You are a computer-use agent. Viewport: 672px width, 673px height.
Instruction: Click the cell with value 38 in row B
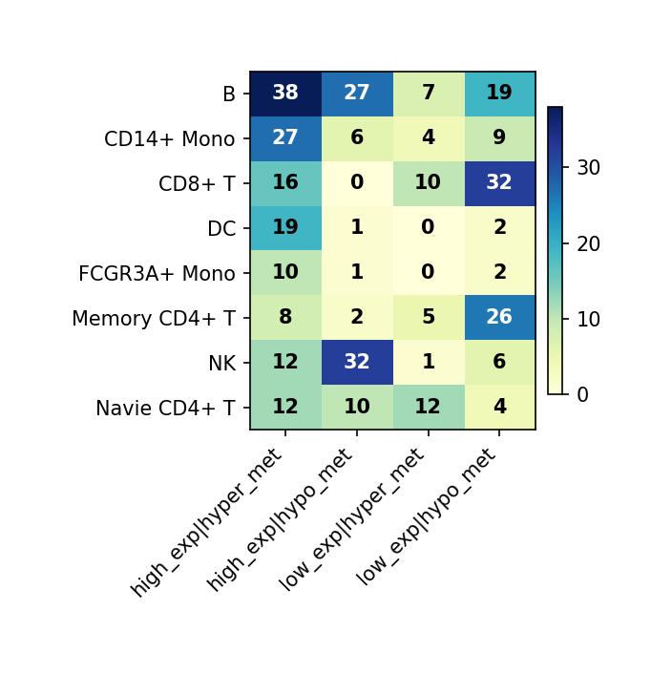click(x=285, y=94)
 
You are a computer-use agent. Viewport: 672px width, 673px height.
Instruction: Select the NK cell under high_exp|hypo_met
click(x=357, y=363)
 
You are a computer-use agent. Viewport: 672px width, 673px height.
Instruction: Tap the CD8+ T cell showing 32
click(x=499, y=183)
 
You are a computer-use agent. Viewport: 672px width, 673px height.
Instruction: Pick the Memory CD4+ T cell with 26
click(x=499, y=318)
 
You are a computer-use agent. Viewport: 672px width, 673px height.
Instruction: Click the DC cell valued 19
click(x=285, y=228)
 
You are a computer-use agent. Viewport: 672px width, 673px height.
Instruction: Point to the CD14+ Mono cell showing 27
click(x=285, y=138)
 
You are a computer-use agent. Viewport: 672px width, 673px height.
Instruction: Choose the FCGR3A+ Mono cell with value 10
click(x=285, y=273)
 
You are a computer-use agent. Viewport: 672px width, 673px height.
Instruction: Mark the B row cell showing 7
click(x=428, y=94)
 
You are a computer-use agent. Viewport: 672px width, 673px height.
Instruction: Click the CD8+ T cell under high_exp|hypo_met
click(x=357, y=183)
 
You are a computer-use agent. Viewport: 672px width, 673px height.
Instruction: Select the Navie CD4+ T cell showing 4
click(x=499, y=408)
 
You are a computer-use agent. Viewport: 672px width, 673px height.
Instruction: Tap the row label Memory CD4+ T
click(x=153, y=319)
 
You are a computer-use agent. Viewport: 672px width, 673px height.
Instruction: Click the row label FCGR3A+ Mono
click(x=157, y=274)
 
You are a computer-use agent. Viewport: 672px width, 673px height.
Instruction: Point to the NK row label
click(x=221, y=364)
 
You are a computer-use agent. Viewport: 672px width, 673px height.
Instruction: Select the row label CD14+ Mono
click(x=169, y=139)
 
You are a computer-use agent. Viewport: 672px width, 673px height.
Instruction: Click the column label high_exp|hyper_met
click(x=209, y=521)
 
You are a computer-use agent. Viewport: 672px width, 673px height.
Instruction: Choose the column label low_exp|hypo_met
click(x=428, y=515)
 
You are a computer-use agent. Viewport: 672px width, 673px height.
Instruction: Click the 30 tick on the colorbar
click(x=589, y=168)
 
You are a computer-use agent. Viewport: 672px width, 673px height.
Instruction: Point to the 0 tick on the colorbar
click(x=583, y=394)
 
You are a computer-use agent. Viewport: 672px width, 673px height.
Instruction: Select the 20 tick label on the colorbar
click(x=589, y=243)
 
